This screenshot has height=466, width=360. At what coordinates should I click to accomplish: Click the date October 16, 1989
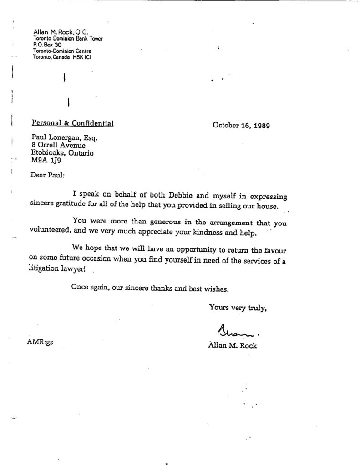[x=241, y=126]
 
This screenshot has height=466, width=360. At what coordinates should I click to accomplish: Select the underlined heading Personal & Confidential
[x=72, y=122]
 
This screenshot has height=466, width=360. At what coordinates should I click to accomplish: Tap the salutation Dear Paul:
[x=46, y=173]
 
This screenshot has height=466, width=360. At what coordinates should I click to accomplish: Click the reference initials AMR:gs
[x=40, y=343]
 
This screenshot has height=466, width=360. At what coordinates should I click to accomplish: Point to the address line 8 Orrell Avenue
[x=58, y=146]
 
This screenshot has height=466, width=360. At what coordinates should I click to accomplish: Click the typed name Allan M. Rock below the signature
[x=232, y=345]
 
